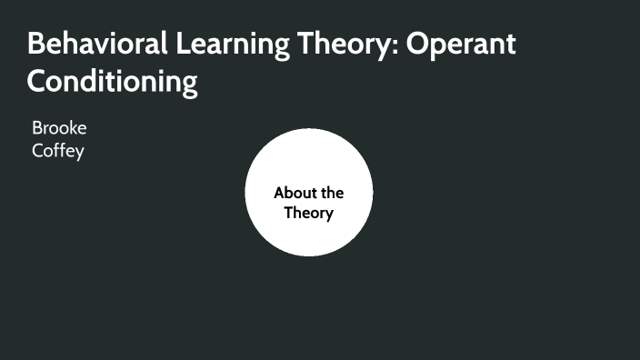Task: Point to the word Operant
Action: pos(460,45)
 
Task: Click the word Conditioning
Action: pos(112,82)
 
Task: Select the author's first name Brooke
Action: pos(59,128)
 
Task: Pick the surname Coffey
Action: pos(57,151)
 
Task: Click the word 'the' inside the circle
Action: pos(332,193)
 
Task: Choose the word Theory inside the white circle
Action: pos(309,214)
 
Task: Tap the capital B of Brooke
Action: pos(36,128)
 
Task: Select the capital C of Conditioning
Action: pos(37,82)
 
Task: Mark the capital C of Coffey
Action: pos(36,151)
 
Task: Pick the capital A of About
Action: pos(279,193)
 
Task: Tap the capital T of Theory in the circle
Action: pos(288,214)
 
